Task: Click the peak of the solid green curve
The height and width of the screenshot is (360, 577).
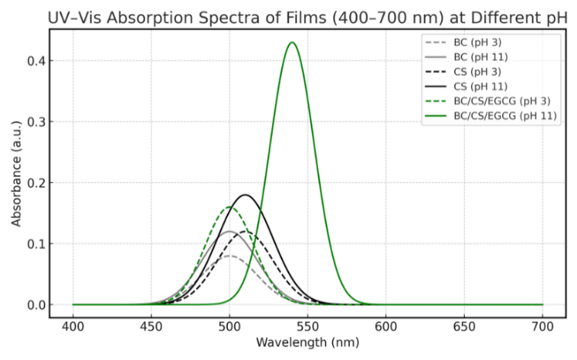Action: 292,43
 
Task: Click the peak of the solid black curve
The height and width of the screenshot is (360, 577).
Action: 245,195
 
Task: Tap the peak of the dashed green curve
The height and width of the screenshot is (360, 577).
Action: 229,207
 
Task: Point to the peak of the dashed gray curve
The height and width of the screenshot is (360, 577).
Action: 230,256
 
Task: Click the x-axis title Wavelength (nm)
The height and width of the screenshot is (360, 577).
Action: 307,343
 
